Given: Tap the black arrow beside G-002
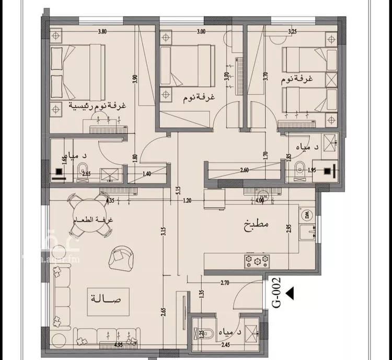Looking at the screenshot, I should (291, 294).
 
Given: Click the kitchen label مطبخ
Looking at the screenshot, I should (256, 226).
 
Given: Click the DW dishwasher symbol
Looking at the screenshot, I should (305, 215).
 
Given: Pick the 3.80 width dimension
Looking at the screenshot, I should (102, 31).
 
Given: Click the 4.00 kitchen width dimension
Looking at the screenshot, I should (260, 200).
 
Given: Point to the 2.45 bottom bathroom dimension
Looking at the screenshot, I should (226, 345).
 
